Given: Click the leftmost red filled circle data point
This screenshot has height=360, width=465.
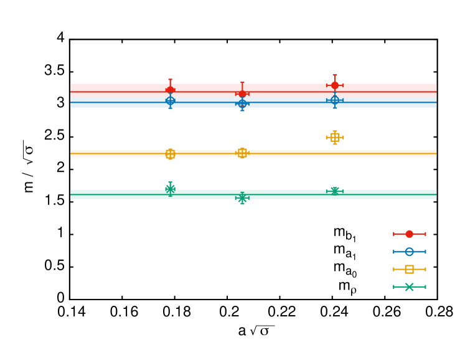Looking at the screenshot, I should (170, 90).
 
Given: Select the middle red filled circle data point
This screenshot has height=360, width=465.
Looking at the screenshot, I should (242, 94).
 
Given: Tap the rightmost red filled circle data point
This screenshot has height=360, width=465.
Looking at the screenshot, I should (335, 85).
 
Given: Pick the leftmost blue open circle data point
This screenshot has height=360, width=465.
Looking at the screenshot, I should (170, 100).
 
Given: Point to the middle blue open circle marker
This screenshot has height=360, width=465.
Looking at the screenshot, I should (242, 103).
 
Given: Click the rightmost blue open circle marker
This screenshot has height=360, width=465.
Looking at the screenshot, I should (335, 100).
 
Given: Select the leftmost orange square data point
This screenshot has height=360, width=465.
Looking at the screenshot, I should (170, 154).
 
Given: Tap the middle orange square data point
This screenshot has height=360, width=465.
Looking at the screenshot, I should (242, 153).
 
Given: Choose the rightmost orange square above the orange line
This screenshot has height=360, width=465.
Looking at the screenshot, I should (335, 138).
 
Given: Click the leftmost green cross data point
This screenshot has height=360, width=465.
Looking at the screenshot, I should (170, 189).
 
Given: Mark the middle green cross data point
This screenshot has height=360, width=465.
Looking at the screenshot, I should (242, 198).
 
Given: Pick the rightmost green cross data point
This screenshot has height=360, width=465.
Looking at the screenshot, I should (335, 191).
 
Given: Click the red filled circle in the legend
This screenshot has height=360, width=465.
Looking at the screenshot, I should (409, 234).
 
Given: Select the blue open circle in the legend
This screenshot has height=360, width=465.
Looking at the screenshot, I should (409, 252).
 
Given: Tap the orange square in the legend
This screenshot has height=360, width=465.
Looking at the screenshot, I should (409, 269).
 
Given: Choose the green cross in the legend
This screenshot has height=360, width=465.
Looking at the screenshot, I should (409, 287).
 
